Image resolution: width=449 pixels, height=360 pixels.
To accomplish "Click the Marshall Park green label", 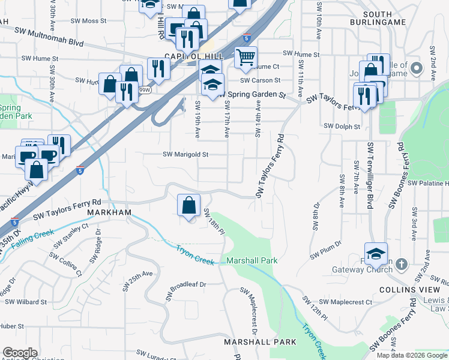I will coord(252,261).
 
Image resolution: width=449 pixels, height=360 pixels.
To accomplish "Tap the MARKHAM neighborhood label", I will coord(109,213).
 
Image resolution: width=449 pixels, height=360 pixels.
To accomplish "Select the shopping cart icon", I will coord(246,58).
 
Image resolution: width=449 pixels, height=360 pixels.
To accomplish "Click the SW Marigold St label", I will coord(185,154).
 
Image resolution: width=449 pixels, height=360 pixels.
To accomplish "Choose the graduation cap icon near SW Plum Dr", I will coord(376,254).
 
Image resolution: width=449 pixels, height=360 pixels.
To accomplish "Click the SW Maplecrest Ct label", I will coord(346,302).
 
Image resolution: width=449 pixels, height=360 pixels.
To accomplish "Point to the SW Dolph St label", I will coord(342,127).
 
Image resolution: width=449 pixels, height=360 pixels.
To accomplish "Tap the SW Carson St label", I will coord(260,80).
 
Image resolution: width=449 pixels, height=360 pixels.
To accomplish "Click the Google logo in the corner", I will coord(20,353).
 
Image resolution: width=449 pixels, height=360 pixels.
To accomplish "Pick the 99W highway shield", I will coord(144,90).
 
